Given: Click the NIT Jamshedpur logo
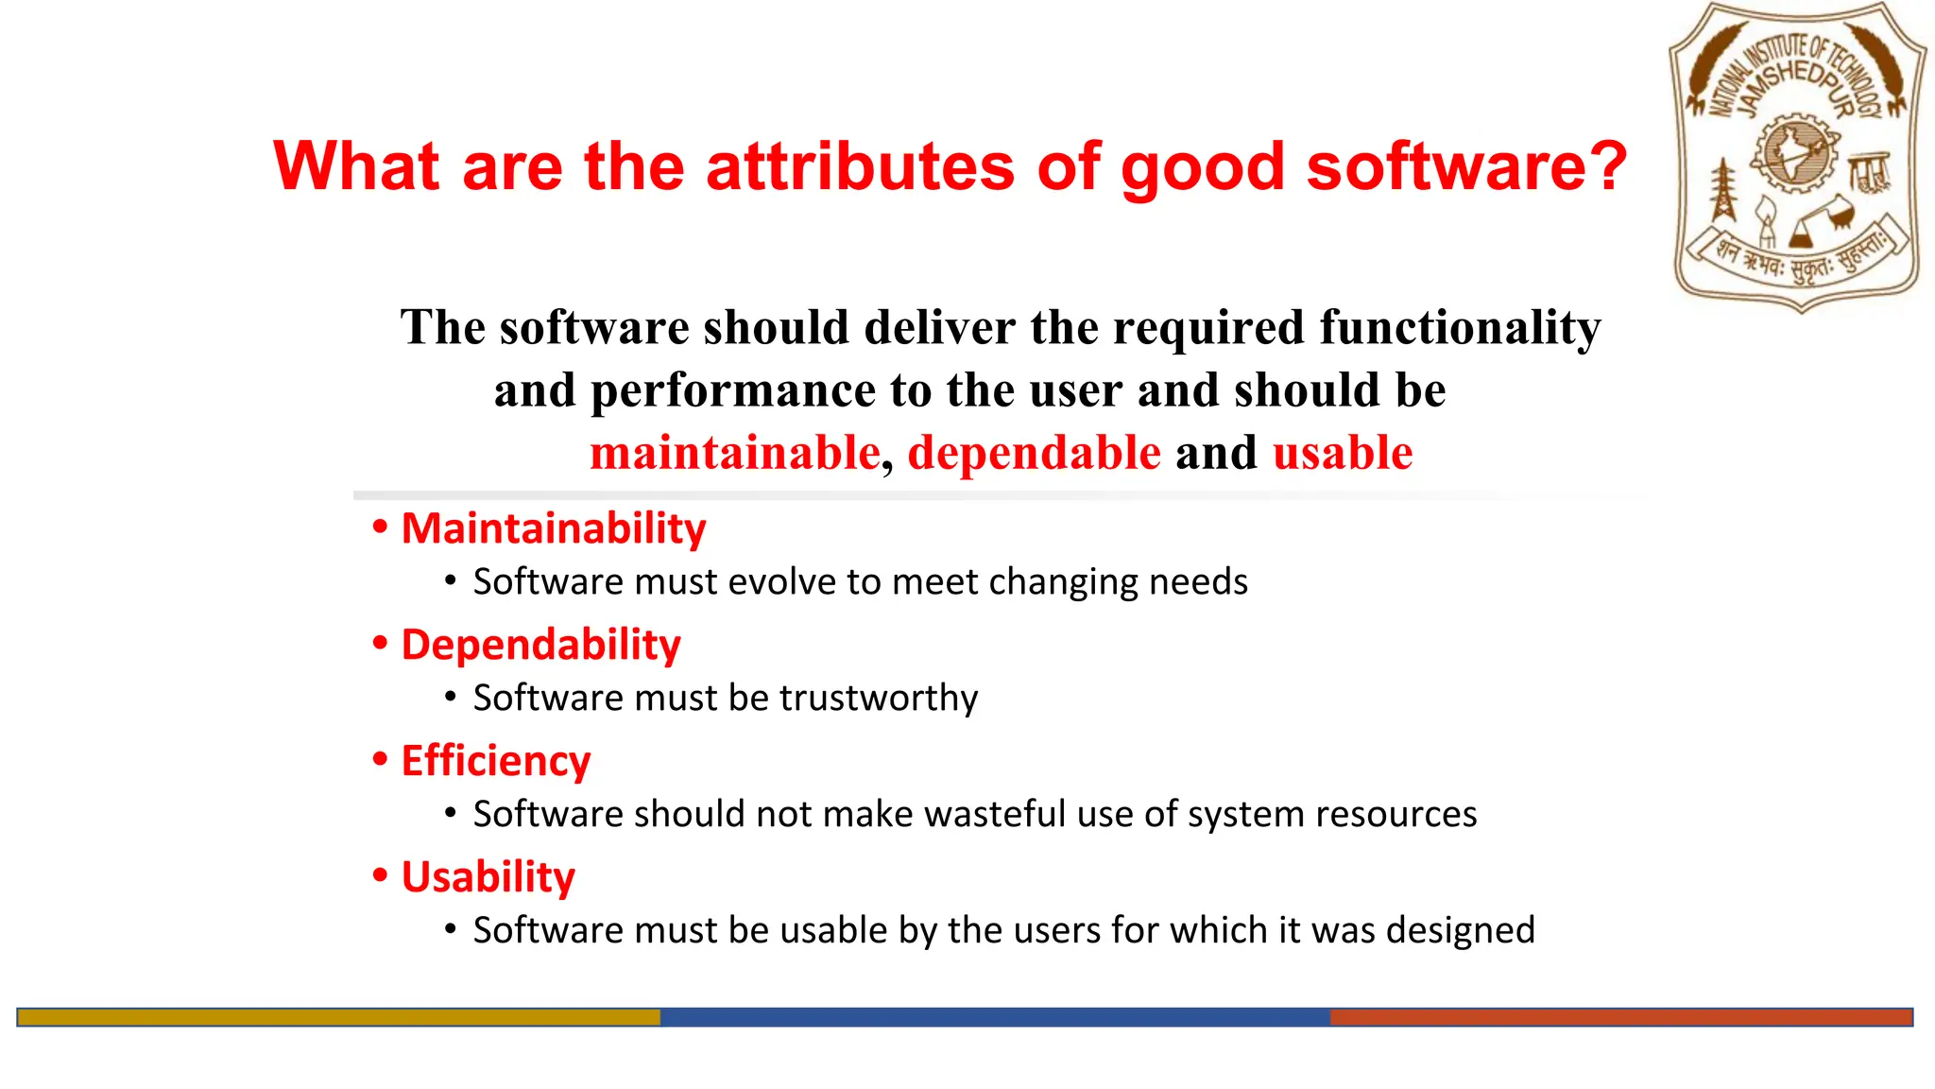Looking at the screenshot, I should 1798,157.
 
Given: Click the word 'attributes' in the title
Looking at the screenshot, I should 860,166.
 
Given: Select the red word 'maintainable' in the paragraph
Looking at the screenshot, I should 735,453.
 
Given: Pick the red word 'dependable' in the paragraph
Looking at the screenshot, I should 1034,453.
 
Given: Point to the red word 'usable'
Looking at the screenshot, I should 1343,453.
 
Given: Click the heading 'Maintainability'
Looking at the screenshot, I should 554,528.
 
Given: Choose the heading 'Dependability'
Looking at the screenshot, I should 540,645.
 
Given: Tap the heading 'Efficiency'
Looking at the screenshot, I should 496,761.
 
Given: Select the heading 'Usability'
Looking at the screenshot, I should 488,877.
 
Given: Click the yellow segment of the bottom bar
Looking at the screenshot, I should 338,1017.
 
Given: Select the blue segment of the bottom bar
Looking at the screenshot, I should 994,1017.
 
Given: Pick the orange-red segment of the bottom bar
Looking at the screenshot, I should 1620,1017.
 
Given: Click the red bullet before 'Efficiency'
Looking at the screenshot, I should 381,759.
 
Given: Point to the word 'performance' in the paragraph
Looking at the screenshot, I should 733,390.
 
